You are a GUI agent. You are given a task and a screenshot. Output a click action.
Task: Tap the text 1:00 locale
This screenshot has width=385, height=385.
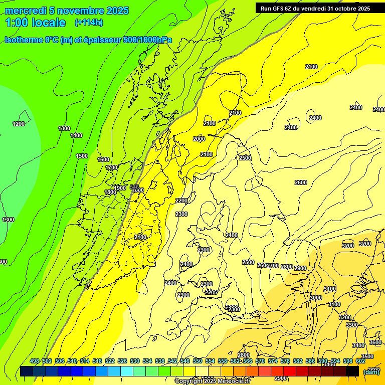click(35, 23)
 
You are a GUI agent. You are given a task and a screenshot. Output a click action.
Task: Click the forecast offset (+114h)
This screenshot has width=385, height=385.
click(89, 23)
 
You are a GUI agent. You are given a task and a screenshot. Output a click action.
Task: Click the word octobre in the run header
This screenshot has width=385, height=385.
click(341, 8)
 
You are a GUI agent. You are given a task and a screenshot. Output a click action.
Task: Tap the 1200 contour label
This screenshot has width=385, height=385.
click(19, 124)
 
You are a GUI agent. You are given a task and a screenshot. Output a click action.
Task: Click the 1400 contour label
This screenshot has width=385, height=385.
click(76, 135)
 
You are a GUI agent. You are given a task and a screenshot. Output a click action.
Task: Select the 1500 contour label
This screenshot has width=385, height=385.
click(82, 156)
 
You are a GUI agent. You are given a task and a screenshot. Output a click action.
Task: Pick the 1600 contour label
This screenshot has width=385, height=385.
click(103, 159)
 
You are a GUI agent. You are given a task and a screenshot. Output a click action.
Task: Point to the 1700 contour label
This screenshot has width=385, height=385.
click(111, 167)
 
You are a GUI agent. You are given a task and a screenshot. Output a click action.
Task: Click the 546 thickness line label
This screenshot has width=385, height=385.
click(134, 186)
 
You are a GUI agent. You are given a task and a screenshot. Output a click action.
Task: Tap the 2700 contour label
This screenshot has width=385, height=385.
click(273, 265)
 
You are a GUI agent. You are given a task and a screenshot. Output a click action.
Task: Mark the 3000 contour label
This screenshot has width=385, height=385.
click(316, 298)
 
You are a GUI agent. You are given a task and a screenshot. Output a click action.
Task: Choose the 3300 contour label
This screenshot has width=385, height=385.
click(352, 325)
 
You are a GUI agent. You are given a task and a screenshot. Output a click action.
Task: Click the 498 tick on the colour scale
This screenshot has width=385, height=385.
click(35, 361)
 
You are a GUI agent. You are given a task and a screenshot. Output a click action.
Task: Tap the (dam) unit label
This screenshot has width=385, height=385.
click(371, 371)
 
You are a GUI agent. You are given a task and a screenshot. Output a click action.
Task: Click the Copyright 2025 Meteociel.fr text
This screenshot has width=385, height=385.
click(213, 381)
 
